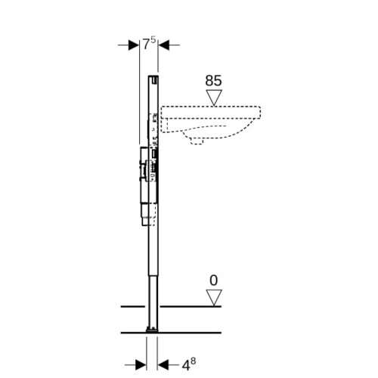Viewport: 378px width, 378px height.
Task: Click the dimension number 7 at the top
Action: point(147,45)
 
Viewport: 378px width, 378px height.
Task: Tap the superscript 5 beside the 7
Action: point(153,40)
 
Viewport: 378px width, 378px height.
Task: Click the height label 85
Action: point(213,81)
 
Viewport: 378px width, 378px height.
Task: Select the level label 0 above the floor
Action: point(213,280)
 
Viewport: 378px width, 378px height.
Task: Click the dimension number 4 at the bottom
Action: point(186,365)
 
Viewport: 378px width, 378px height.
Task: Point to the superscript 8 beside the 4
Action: point(193,361)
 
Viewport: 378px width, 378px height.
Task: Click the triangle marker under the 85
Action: point(214,98)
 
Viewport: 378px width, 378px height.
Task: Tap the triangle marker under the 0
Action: point(214,298)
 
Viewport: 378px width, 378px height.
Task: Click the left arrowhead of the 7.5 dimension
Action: point(134,45)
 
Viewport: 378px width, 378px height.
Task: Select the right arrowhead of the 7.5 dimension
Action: point(163,45)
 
